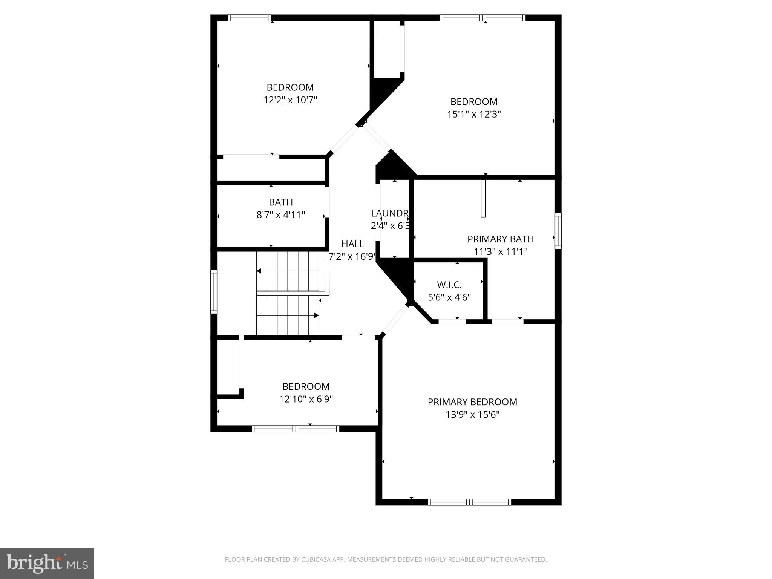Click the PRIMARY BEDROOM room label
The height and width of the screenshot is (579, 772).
[472, 402]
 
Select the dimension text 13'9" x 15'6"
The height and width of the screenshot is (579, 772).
[472, 415]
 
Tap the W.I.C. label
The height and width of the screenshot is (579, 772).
[449, 285]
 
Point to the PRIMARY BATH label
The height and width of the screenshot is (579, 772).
[500, 239]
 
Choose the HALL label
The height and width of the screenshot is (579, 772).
[352, 244]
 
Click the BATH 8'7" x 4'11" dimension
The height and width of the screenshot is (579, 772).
[280, 215]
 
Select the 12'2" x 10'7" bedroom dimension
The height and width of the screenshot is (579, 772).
[290, 100]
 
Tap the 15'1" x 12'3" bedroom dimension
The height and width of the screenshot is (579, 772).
[474, 114]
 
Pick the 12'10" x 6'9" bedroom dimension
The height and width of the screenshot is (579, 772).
[306, 399]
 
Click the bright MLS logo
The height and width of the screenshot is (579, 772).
[47, 563]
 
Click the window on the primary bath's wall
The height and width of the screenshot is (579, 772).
[558, 231]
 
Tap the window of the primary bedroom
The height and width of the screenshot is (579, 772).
[469, 502]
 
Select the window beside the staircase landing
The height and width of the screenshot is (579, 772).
[214, 292]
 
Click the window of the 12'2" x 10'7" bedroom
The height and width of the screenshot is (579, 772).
[249, 18]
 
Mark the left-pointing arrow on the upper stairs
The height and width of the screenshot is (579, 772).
[259, 271]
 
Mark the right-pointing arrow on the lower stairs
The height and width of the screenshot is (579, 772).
[316, 316]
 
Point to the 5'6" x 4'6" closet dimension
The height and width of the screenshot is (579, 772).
[449, 297]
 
